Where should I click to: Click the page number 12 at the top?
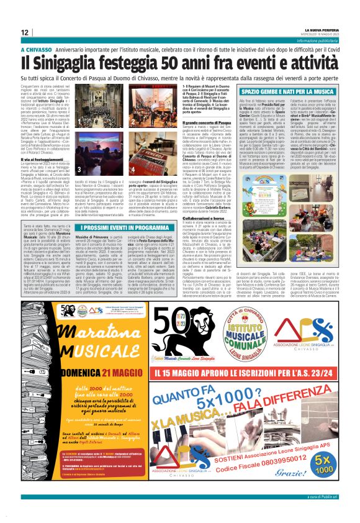(x=25, y=32)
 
